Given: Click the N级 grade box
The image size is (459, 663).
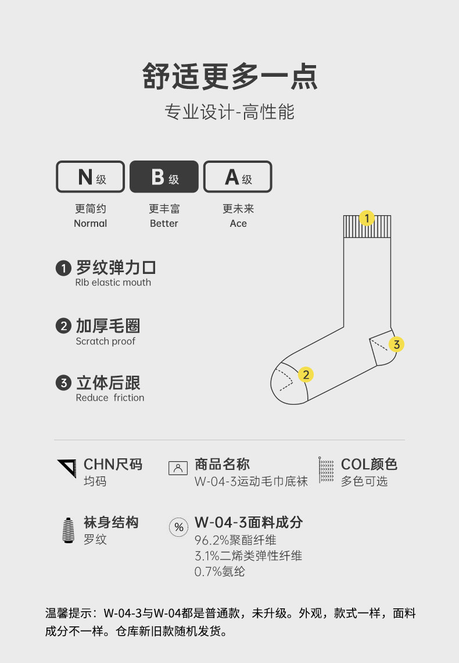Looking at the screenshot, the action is point(90,176).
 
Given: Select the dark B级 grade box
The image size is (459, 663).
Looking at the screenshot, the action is point(164,176).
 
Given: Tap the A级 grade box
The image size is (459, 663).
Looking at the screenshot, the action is point(238,176).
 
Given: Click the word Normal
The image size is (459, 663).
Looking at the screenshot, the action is point(90,223).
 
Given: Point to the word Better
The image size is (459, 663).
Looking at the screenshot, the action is point(164,223).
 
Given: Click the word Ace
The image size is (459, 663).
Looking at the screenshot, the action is point(238,223).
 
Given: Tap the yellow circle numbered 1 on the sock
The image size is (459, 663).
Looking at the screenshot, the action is point(367,218).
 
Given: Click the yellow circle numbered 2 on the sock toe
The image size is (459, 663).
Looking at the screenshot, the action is point(306,375).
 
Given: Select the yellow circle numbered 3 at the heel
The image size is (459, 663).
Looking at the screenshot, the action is point(396,344).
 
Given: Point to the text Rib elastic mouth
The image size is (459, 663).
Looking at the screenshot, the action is point(113,283).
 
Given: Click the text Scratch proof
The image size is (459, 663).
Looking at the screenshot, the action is point(105,341).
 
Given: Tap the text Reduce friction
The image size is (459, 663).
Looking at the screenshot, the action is point(110,398).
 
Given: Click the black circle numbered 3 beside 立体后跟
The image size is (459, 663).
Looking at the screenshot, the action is point(63,383).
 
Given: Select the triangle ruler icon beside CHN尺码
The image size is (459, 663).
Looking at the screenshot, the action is point(67,469).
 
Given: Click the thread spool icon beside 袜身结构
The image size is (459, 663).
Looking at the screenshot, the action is point(69,529).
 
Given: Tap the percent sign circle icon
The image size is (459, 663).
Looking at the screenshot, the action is point(179,527).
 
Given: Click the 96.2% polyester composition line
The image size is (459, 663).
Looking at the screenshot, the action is point(235,540).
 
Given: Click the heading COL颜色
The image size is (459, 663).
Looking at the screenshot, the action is point(369,464).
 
